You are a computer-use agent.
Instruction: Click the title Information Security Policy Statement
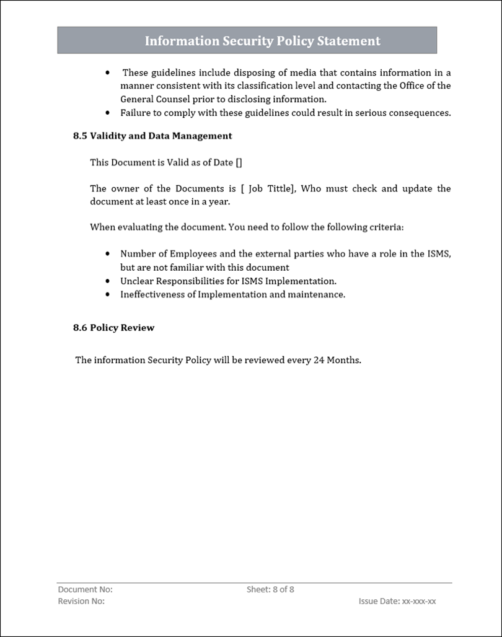262,41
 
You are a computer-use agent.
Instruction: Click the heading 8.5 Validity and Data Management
152,136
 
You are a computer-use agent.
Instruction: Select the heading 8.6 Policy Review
113,327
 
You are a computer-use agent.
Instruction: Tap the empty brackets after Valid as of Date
239,162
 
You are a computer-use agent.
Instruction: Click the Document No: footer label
85,589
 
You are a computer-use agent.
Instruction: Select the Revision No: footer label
81,601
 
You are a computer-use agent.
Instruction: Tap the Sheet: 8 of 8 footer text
270,589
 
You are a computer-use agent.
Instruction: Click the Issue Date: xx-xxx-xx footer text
397,601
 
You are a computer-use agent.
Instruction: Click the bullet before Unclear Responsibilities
108,281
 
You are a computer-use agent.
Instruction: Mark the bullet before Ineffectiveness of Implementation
108,294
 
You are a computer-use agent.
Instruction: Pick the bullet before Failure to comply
108,113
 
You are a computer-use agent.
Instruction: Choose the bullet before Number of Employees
108,253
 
